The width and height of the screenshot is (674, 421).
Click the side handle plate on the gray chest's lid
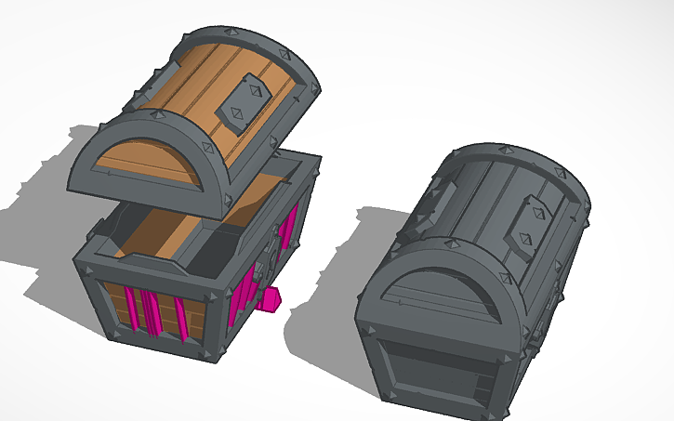click(443, 199)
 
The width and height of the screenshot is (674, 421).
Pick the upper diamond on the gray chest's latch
click(536, 212)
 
